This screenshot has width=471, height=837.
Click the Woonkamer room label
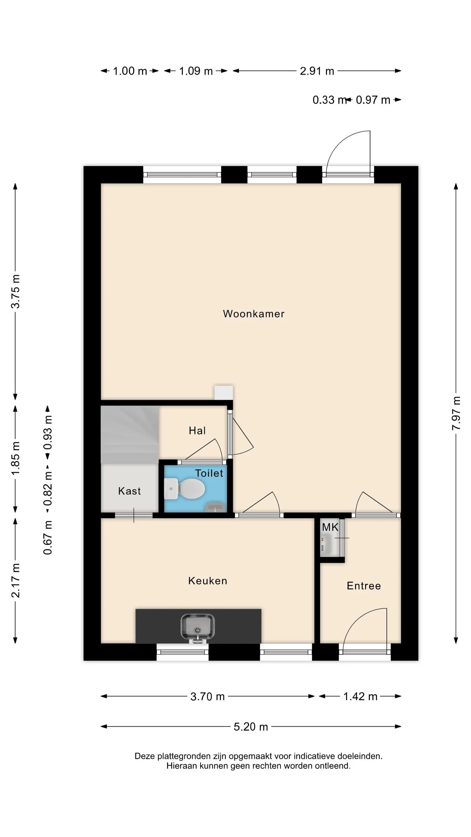tap(254, 314)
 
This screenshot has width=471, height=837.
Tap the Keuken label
tap(208, 581)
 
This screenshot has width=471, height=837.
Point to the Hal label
tap(197, 431)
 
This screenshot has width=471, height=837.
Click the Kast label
tap(129, 491)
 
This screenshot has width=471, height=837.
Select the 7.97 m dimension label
tap(456, 413)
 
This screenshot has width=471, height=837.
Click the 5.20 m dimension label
tap(251, 727)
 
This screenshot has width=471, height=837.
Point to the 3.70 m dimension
tap(207, 697)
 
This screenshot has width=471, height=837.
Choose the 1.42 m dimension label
tap(360, 697)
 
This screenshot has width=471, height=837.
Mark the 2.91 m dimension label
tap(317, 71)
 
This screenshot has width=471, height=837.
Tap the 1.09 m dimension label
tap(196, 71)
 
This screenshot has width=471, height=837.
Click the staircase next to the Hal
tap(130, 435)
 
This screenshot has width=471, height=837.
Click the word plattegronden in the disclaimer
tap(184, 756)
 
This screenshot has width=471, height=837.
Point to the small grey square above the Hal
tap(224, 393)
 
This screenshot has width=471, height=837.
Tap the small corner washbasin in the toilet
tap(215, 508)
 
